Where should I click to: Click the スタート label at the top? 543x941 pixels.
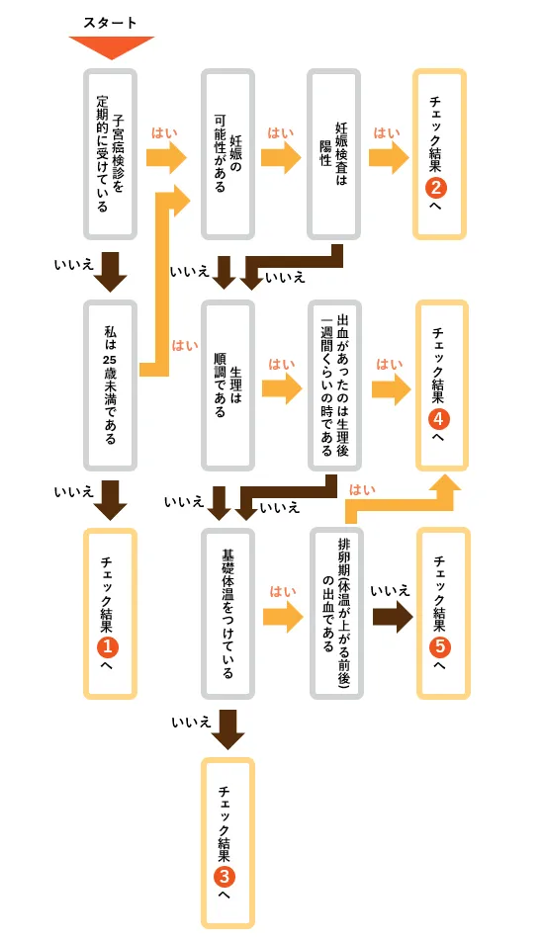click(x=111, y=22)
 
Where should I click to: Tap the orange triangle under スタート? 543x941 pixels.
click(x=111, y=46)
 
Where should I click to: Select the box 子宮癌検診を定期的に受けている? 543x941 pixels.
click(x=111, y=153)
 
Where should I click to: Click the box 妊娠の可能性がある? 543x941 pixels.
click(x=227, y=153)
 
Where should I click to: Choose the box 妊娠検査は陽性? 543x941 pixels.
click(x=333, y=153)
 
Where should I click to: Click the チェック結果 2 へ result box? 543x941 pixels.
click(x=438, y=153)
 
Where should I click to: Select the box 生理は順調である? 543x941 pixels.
click(x=227, y=385)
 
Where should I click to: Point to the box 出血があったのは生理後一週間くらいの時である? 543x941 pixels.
click(x=333, y=385)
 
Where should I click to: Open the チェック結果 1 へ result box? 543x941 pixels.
click(x=111, y=613)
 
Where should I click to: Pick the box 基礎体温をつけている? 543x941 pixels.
click(x=227, y=614)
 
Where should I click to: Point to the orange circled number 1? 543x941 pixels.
click(x=109, y=646)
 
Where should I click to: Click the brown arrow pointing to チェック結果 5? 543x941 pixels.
click(x=393, y=617)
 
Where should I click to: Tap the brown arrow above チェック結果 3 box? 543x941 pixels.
click(x=228, y=728)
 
